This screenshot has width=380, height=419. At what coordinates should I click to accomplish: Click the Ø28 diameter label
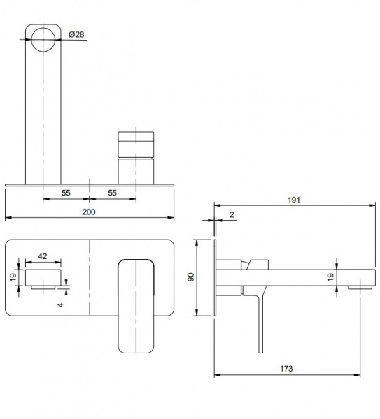(x=76, y=34)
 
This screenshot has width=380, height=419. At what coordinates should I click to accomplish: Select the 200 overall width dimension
(x=89, y=212)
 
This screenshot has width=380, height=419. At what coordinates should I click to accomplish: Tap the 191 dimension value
(x=294, y=200)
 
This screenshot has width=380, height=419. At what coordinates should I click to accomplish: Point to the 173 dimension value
(x=286, y=369)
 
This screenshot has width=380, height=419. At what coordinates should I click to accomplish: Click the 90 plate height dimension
(x=191, y=277)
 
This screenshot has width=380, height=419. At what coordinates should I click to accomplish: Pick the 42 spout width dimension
(x=42, y=256)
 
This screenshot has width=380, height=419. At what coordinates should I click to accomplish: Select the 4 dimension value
(x=61, y=305)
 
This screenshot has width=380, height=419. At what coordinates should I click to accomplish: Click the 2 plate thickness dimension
(x=232, y=214)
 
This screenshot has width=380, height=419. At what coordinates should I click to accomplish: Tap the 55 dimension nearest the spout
(x=66, y=193)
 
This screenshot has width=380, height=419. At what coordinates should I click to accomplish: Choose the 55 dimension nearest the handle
(x=112, y=193)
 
